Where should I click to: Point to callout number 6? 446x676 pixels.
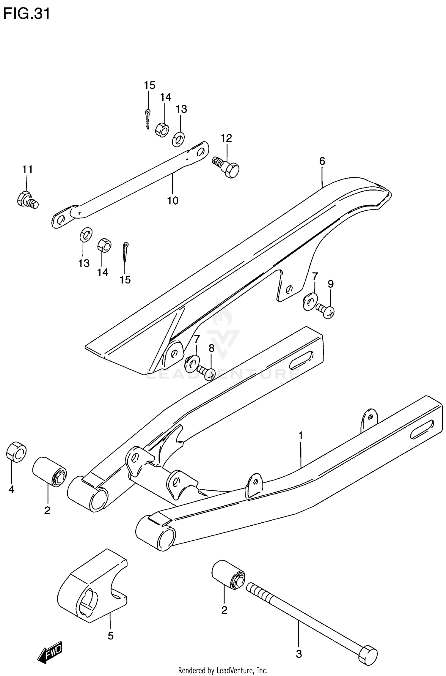[x=322, y=161]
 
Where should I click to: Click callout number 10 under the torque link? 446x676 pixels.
[x=172, y=201]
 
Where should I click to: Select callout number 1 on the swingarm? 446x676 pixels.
[x=301, y=436]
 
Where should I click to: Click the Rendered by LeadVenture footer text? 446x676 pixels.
[x=223, y=670]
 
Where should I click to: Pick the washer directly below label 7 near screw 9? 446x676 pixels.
[x=310, y=302]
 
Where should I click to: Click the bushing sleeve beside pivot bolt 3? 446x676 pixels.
[x=228, y=575]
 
